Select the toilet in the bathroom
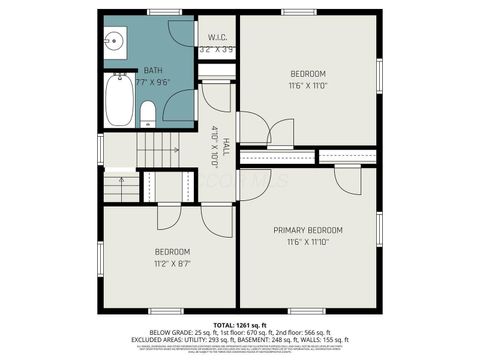pos(148,112)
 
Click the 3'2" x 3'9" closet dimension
pos(216,49)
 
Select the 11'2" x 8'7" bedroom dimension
pos(172,264)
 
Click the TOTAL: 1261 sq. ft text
pos(239,326)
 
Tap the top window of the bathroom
pos(164,12)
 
